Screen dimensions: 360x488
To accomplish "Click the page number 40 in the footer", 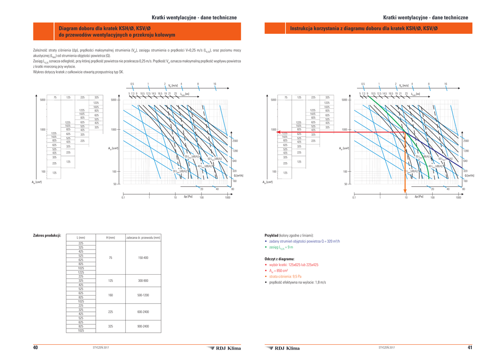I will click(35, 348).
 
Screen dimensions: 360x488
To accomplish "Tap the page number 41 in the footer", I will click(470, 348).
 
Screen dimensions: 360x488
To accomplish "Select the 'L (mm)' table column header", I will click(81, 237).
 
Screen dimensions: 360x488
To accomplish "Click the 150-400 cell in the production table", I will click(143, 257).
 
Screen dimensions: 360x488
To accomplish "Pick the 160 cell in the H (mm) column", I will click(111, 295).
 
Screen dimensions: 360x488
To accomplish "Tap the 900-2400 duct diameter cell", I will click(143, 326).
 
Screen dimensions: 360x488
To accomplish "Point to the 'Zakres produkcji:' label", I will click(47, 236).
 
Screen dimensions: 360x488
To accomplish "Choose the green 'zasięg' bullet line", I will click(281, 247).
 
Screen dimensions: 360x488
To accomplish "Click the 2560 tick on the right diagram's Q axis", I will click(466, 141).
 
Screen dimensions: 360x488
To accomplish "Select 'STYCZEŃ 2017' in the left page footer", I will click(101, 348).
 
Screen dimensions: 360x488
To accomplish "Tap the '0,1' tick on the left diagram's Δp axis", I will click(123, 197).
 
